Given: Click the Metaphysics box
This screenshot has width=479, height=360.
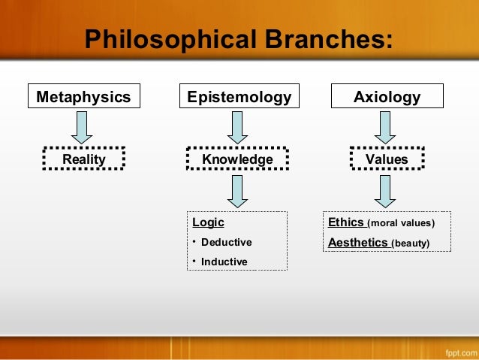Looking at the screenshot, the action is click(x=83, y=97).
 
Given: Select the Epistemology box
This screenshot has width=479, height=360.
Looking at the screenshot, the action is click(x=237, y=97).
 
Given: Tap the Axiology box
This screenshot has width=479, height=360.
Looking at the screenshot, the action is click(x=387, y=97).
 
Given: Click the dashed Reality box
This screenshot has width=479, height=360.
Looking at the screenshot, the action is click(x=84, y=159).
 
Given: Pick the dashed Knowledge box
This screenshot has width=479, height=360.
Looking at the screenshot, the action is click(x=237, y=159).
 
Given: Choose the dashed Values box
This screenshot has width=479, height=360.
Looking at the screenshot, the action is click(x=387, y=159).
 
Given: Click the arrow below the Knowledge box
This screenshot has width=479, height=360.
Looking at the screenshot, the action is click(x=237, y=191).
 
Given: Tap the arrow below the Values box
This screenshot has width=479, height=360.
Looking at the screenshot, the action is click(x=387, y=191).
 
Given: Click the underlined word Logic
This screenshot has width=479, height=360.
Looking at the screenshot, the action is click(x=208, y=222).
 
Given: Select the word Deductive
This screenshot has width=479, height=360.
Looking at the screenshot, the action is click(x=226, y=242).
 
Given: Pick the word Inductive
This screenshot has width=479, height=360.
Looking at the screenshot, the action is click(x=224, y=262).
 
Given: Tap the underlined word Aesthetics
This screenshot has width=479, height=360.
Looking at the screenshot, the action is click(x=358, y=242).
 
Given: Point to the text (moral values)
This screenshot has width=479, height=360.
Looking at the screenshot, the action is click(x=401, y=223).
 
